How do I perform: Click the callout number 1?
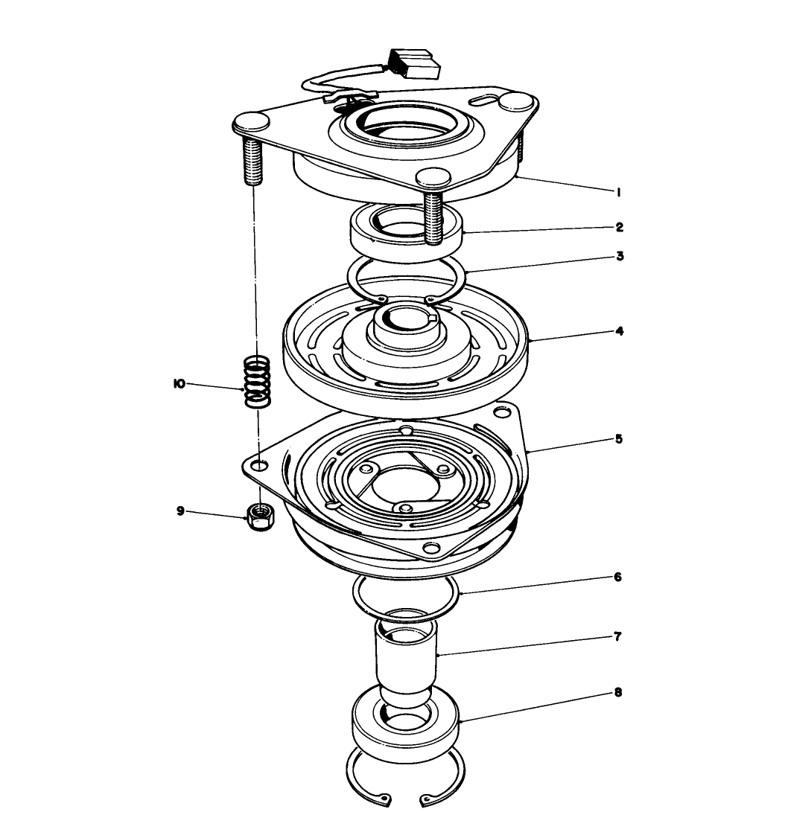[618, 192]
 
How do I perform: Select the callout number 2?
[619, 226]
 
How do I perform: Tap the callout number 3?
[619, 256]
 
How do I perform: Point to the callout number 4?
[619, 330]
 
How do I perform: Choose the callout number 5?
[619, 439]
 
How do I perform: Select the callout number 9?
[179, 511]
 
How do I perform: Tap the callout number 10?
[179, 384]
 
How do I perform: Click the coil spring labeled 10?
[257, 380]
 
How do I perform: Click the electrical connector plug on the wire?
[413, 64]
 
